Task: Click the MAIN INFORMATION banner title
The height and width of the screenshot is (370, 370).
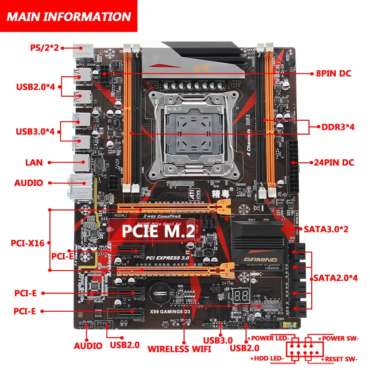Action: pyautogui.click(x=69, y=17)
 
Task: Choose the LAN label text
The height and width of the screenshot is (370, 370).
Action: pyautogui.click(x=34, y=162)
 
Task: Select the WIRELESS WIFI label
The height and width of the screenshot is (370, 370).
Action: pyautogui.click(x=179, y=348)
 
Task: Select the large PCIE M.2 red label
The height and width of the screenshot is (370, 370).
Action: pyautogui.click(x=158, y=232)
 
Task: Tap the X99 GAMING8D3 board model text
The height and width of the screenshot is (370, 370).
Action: pyautogui.click(x=166, y=312)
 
